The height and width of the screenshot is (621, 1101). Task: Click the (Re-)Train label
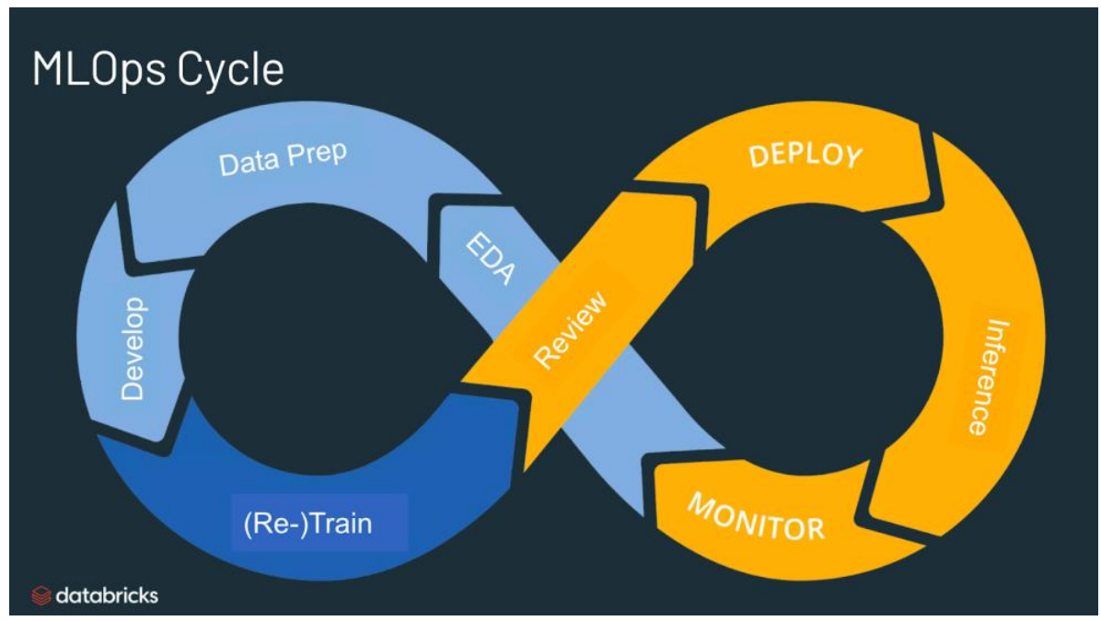point(307,523)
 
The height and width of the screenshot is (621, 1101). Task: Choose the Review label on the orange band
point(572,329)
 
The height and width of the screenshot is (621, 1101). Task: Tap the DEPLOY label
point(805,155)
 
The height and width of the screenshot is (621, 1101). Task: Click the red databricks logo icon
point(41,596)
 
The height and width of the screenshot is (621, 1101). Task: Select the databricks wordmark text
point(107,596)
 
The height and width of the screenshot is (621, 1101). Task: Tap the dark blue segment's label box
point(319,523)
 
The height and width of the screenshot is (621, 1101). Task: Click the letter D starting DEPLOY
point(758,157)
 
